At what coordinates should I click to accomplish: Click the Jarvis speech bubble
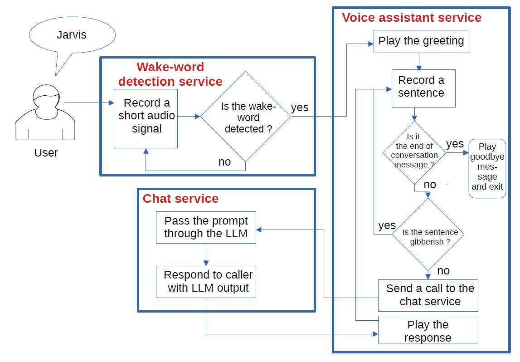click(72, 35)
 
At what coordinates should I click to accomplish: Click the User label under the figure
click(46, 152)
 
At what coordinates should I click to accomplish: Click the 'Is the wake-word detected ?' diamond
click(246, 117)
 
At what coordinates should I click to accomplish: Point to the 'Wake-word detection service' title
click(170, 74)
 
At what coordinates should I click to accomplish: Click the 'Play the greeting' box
click(421, 41)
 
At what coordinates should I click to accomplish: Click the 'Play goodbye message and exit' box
click(487, 168)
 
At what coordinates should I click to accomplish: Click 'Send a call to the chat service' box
click(428, 295)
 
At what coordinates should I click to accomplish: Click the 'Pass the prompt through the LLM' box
click(206, 227)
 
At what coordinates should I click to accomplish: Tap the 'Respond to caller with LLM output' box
click(206, 282)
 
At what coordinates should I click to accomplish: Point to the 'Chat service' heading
click(180, 199)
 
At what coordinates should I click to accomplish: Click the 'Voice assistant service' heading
click(411, 18)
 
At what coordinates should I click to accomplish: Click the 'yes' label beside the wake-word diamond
click(300, 108)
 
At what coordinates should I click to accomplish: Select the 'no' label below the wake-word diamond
click(224, 162)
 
